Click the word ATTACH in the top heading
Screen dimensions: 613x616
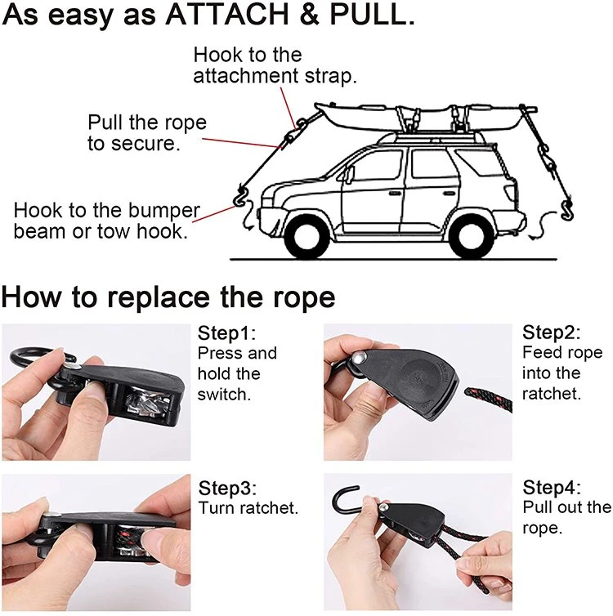(226, 14)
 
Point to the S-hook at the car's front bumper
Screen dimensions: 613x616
(239, 196)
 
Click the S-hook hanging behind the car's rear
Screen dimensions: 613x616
(568, 210)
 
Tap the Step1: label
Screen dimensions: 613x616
(226, 333)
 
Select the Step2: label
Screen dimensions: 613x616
(551, 332)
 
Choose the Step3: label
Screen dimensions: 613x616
(227, 488)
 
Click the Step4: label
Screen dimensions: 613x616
(552, 487)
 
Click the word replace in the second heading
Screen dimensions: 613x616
(159, 297)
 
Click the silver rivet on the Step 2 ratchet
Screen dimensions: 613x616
(358, 358)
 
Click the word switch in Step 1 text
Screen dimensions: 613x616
(224, 394)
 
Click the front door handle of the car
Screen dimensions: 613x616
(395, 194)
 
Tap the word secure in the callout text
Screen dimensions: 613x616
(145, 144)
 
